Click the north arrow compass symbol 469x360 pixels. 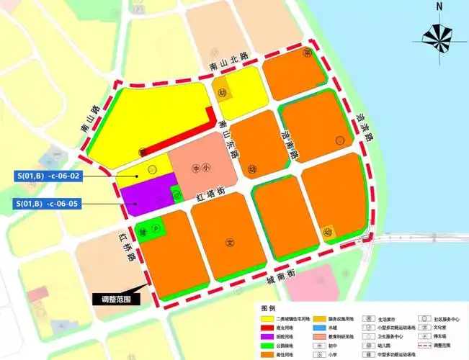pyautogui.click(x=439, y=33)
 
